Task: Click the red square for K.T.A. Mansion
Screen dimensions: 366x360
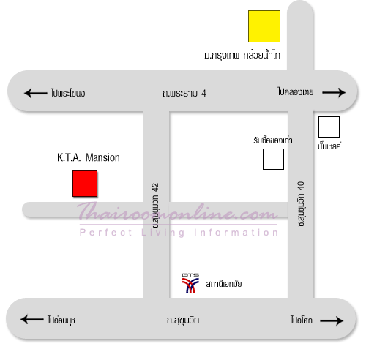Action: point(85,184)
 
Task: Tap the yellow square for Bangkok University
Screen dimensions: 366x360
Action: point(264,26)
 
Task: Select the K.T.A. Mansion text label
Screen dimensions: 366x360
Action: point(89,157)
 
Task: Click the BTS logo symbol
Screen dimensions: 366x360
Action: point(190,283)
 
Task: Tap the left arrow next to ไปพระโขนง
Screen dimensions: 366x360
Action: point(35,93)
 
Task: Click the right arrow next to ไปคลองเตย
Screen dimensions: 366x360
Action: point(334,92)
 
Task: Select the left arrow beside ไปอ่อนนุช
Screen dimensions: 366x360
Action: point(32,319)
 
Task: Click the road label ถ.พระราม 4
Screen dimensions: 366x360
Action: point(184,93)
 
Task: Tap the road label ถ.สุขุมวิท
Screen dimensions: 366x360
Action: point(183,320)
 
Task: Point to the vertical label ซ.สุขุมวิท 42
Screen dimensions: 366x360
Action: point(155,206)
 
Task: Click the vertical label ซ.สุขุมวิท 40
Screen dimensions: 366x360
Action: point(301,204)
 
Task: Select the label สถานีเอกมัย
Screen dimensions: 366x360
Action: point(224,284)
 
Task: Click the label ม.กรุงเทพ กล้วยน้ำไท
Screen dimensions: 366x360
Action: point(242,55)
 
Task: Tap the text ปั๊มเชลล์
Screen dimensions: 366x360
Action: point(329,146)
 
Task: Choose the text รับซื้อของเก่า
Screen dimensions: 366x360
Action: point(273,140)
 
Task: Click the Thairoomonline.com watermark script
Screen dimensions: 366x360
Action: point(177,211)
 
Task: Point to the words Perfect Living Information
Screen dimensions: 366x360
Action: point(179,233)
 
